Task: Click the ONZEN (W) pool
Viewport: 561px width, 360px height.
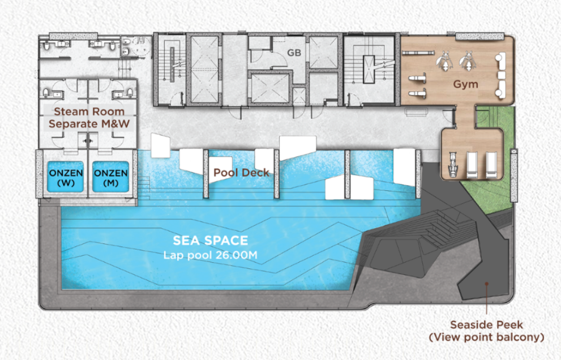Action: (x=66, y=177)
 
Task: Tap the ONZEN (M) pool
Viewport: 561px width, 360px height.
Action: (x=110, y=177)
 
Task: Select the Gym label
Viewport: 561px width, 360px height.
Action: (x=465, y=84)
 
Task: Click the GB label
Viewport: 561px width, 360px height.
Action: (x=294, y=53)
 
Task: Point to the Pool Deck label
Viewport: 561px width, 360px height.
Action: (x=241, y=173)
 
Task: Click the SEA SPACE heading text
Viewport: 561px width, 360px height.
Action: (x=211, y=241)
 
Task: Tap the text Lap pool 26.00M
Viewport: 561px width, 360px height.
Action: (x=211, y=255)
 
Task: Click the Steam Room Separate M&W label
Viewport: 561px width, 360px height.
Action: (x=89, y=118)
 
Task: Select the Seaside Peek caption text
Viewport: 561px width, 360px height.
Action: (x=487, y=331)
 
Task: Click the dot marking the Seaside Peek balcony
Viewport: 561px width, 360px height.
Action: (x=487, y=284)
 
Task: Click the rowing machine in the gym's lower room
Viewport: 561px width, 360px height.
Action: (x=453, y=165)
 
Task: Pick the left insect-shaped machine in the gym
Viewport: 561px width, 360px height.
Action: (x=444, y=61)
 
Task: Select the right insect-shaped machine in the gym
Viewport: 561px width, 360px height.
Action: (x=467, y=61)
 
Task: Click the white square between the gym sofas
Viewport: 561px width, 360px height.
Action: (x=501, y=75)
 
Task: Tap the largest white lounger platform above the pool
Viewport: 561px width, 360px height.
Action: (x=298, y=147)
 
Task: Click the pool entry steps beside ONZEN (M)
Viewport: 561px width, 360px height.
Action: (x=143, y=188)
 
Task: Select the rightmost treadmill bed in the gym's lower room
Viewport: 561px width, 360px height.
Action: (x=491, y=165)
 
